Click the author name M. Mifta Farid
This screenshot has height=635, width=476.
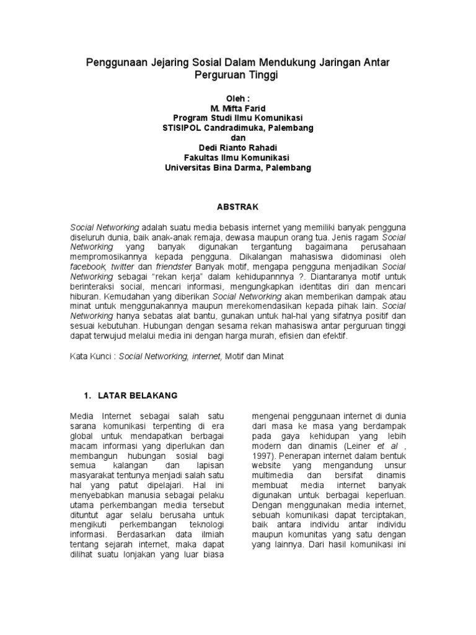click(x=238, y=109)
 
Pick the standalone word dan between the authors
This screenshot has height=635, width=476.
click(x=238, y=138)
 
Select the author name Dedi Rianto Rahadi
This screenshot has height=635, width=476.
click(x=238, y=148)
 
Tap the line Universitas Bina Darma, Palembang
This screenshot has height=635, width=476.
click(x=238, y=167)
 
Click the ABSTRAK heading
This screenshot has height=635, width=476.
click(x=238, y=206)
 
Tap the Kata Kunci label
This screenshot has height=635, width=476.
click(x=92, y=357)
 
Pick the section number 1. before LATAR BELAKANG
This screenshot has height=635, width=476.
click(x=87, y=395)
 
